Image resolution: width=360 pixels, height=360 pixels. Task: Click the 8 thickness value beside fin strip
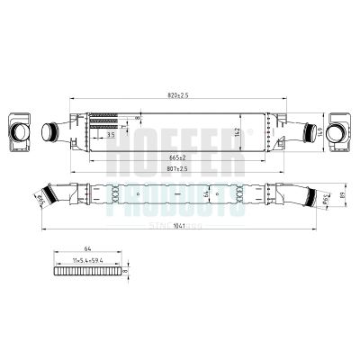coord(127,269)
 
